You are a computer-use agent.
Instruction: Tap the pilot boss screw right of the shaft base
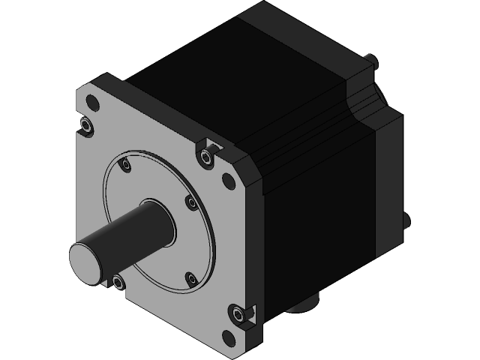(x=190, y=202)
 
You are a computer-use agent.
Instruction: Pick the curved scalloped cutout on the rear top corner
(x=367, y=105)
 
